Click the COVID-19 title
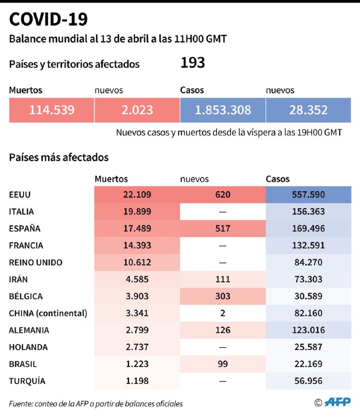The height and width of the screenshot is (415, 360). coord(48,19)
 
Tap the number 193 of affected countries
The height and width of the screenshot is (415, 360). coord(192,63)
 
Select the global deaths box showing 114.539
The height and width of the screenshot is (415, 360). coord(51,110)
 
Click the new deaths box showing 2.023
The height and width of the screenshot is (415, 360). coord(137,110)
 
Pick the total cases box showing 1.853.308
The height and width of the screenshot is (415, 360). coord(223,110)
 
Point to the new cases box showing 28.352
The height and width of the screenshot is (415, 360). coord(308,110)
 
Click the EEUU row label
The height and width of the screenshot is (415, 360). coord(20,195)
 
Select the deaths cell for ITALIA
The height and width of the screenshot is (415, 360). coord(137,212)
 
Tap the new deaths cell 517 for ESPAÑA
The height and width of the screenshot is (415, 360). coord(223,228)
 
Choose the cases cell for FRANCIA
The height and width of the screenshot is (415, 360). coord(308,245)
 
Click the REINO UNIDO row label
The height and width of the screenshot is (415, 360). coord(35,262)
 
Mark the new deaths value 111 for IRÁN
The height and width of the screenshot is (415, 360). coord(223,279)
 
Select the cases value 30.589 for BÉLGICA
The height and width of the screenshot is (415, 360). coord(308,296)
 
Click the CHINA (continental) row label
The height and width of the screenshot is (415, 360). coord(48,313)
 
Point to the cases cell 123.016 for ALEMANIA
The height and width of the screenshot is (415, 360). coord(308,330)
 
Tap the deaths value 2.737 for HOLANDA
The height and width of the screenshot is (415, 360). coord(137,347)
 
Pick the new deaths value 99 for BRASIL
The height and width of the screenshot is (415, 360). coord(223,364)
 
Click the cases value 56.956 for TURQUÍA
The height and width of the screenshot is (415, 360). coord(308,381)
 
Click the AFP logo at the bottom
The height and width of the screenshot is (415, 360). coord(338,402)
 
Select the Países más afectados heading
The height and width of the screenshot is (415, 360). coord(59,158)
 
